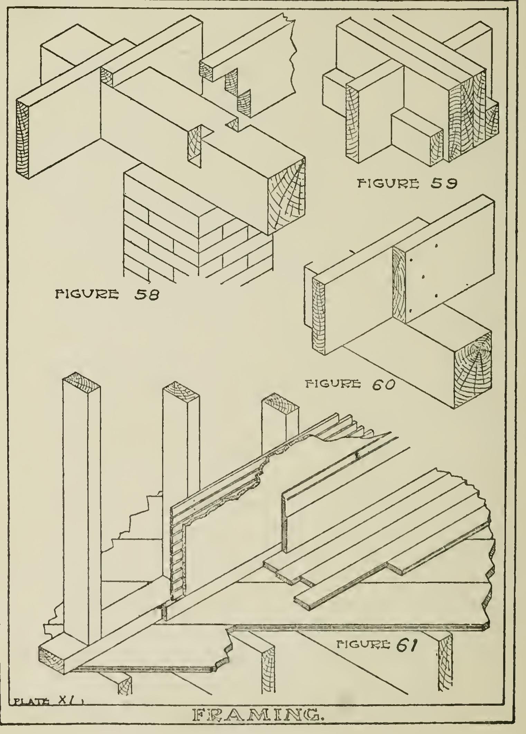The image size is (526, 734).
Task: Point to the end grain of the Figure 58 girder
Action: pyautogui.click(x=287, y=197)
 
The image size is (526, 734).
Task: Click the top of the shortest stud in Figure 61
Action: pyautogui.click(x=280, y=404)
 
